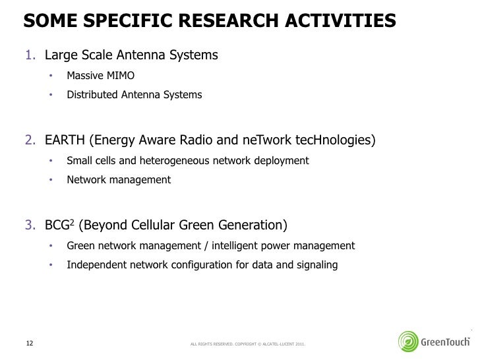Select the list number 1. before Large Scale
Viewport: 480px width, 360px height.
(32, 55)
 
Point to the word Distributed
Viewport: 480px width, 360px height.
(92, 95)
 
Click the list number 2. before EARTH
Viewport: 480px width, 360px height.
(32, 140)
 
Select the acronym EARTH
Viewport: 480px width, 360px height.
(65, 140)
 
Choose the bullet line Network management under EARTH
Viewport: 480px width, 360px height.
(118, 179)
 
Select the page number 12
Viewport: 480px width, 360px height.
(29, 342)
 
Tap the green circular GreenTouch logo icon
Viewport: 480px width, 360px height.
(409, 342)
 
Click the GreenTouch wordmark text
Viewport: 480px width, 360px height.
(446, 342)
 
